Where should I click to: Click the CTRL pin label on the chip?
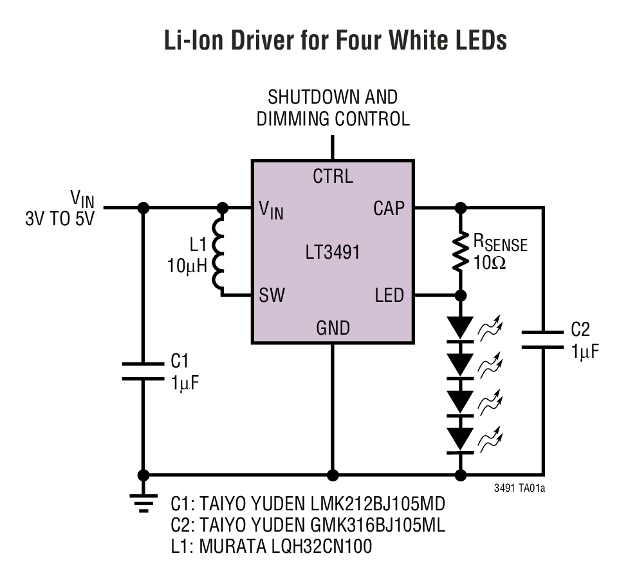click(x=333, y=176)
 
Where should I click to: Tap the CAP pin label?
click(x=389, y=209)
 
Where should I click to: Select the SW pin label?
click(x=272, y=295)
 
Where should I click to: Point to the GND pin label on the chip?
click(x=333, y=328)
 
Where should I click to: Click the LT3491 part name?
click(x=333, y=252)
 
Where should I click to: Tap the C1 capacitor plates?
click(x=143, y=371)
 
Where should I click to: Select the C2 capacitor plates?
click(x=542, y=339)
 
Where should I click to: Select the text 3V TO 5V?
click(x=60, y=218)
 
